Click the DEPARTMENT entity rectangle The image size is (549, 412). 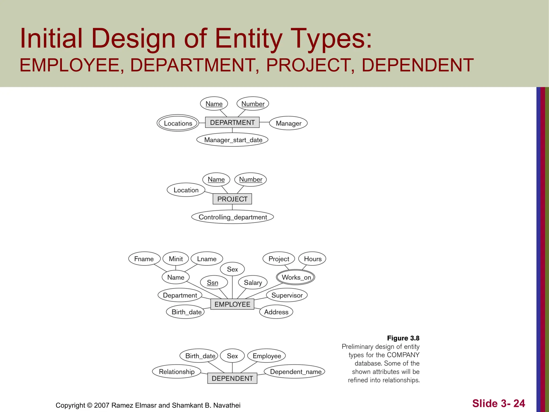click(x=232, y=123)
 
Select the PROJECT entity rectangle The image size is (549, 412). click(x=232, y=199)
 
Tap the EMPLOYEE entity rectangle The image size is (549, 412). click(x=232, y=304)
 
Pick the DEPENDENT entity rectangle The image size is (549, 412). click(x=232, y=378)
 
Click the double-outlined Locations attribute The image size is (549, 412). click(x=178, y=123)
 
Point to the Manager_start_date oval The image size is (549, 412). click(x=232, y=140)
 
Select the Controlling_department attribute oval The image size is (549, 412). click(x=232, y=217)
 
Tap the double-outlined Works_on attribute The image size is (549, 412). click(x=296, y=277)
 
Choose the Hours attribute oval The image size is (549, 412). click(x=312, y=259)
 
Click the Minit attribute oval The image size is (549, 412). click(x=176, y=259)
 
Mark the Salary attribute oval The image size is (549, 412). click(x=253, y=282)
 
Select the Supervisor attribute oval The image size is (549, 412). click(x=287, y=295)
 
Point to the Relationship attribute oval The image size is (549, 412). click(x=177, y=371)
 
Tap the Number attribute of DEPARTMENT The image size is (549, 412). click(x=253, y=104)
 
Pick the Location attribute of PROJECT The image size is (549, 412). click(x=186, y=190)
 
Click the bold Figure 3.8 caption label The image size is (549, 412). click(x=403, y=338)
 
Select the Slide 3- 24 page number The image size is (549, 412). click(x=498, y=403)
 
